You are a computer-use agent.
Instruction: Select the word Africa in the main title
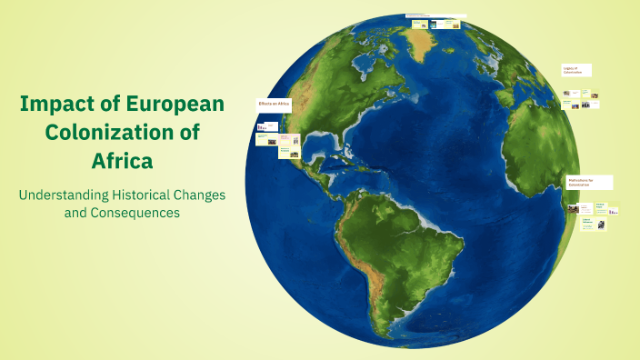coord(122,161)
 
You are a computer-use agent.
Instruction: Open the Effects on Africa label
coord(275,105)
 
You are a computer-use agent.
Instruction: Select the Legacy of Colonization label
coord(576,70)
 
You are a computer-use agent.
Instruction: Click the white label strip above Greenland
coord(435,16)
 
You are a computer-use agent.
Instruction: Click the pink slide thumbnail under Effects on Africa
coord(267,140)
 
